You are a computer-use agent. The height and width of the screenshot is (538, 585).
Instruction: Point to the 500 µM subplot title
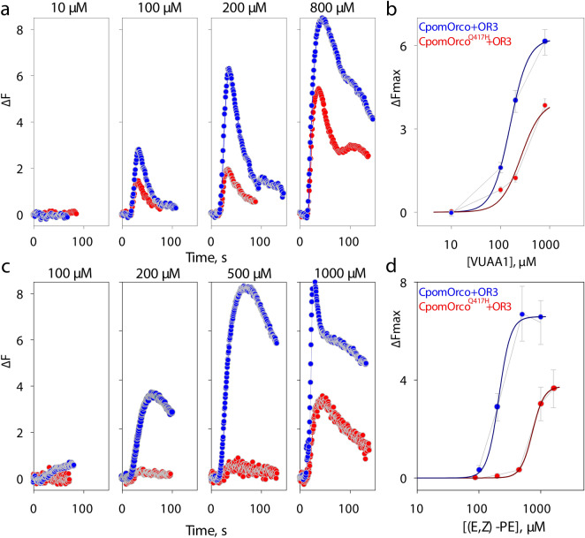(249, 276)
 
